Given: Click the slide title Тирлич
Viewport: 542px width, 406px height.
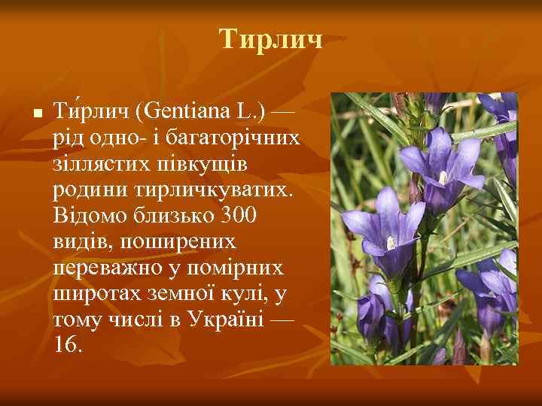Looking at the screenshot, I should [271, 40].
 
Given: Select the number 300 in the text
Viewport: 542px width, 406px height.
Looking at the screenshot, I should [240, 216].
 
